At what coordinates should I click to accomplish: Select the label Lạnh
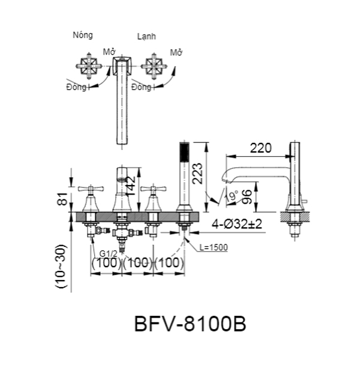[146, 37]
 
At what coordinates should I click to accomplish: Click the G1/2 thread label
[108, 253]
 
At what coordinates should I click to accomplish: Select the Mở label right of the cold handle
[176, 53]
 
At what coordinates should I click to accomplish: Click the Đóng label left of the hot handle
[76, 87]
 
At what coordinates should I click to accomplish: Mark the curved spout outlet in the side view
[229, 176]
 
